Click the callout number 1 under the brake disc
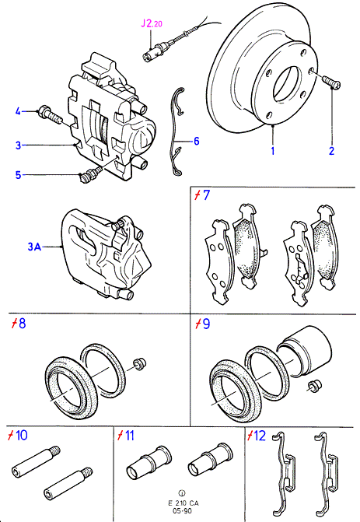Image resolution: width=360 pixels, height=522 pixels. point(273,151)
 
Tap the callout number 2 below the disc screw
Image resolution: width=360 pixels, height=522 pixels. point(331,151)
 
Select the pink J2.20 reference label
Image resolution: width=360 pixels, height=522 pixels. point(152,23)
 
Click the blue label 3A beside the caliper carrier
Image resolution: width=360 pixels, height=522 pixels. point(33,247)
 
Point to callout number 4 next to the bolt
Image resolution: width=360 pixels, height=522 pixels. point(18,111)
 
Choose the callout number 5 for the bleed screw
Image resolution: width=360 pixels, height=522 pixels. point(19,175)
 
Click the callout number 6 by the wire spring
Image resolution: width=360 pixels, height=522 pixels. point(197,141)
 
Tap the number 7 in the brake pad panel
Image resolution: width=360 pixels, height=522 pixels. point(206,195)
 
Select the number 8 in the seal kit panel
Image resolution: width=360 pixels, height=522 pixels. point(23,324)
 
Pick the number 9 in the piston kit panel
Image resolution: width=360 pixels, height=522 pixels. point(206,324)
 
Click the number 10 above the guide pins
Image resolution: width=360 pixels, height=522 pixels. point(22,435)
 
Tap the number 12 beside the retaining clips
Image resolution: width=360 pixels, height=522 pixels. point(260,435)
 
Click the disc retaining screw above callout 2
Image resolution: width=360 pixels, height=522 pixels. point(331,82)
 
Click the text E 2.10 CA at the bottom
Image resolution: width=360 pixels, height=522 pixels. point(183,503)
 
